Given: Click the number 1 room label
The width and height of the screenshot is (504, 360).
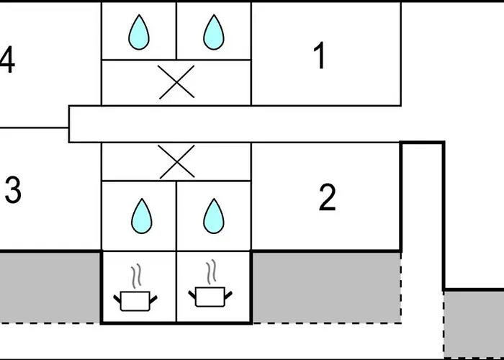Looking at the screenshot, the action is click(x=320, y=55).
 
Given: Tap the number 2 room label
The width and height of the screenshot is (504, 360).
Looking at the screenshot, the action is click(x=327, y=198).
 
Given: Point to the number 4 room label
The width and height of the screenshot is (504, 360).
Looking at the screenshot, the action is click(x=7, y=60).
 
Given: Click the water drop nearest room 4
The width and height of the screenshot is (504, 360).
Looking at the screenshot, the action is click(x=139, y=32).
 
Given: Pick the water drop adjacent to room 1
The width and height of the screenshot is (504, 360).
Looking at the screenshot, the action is click(x=214, y=32).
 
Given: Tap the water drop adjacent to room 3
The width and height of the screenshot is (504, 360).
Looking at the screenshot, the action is click(x=141, y=216).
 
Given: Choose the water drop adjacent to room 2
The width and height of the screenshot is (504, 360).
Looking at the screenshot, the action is click(x=214, y=216).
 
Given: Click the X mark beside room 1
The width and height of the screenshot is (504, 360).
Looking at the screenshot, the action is click(x=177, y=82).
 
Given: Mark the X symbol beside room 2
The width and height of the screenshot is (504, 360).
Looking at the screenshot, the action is click(x=177, y=162).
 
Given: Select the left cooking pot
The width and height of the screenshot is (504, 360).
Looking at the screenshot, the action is click(x=135, y=301).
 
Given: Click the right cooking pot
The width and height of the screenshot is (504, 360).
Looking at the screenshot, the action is click(x=210, y=297).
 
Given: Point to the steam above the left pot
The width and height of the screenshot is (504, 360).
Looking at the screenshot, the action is click(x=137, y=276).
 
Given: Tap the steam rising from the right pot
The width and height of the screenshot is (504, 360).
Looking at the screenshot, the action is click(x=212, y=272).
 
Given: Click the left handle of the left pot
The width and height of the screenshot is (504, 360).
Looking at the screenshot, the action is click(x=117, y=300).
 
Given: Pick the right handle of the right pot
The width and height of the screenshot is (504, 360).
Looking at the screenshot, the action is click(x=228, y=295).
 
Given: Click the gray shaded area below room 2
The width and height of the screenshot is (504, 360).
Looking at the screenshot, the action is click(x=326, y=287).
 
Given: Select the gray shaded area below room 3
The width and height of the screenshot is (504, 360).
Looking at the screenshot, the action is click(x=50, y=287).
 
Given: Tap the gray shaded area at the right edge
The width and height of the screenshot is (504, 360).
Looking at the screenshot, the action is click(x=474, y=324).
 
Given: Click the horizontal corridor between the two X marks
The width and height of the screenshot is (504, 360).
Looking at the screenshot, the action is click(x=235, y=124).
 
